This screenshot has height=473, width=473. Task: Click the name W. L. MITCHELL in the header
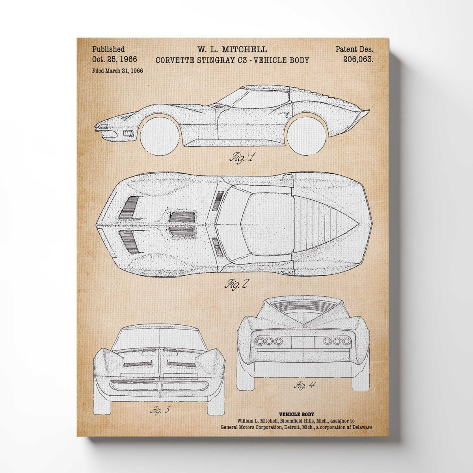(x=232, y=50)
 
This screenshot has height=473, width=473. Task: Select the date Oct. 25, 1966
(x=115, y=60)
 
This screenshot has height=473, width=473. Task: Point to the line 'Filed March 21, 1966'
(x=117, y=71)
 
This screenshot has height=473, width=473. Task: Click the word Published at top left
(x=108, y=49)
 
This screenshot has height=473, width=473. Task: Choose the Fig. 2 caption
(x=236, y=283)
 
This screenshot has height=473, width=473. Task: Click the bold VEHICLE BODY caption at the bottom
(x=296, y=414)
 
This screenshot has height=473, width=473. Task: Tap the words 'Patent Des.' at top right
(x=354, y=50)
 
